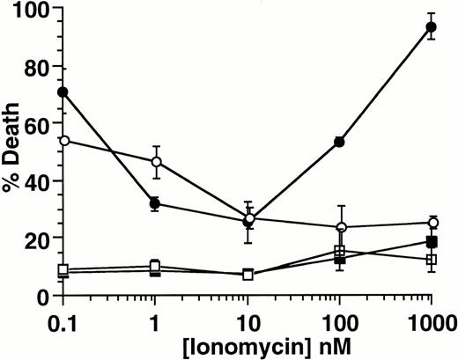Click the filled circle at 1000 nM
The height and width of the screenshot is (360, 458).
pos(432,27)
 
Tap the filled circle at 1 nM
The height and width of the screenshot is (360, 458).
pos(156,203)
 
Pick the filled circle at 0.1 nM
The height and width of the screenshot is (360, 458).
pos(63,92)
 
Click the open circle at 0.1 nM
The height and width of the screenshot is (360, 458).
pos(63,141)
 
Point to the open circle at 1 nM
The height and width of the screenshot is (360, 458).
pos(156,161)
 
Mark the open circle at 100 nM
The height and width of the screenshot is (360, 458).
pos(339,227)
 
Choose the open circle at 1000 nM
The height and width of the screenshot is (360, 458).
pos(432,223)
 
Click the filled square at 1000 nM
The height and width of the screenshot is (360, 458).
pos(432,242)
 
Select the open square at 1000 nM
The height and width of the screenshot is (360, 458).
pos(432,260)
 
